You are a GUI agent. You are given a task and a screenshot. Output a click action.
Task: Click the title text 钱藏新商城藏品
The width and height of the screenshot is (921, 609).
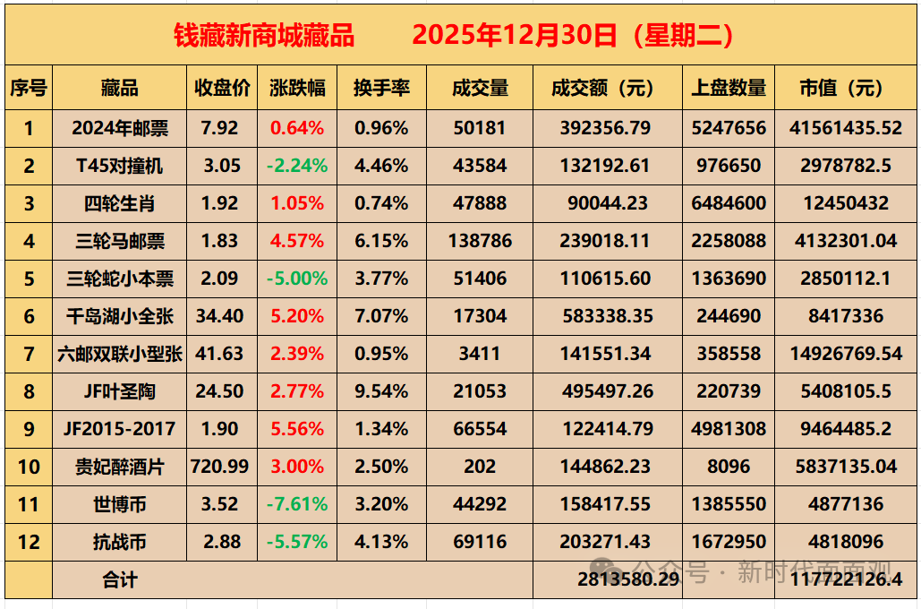(x=264, y=35)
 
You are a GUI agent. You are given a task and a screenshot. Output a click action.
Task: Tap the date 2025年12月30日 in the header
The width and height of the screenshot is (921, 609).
(x=516, y=35)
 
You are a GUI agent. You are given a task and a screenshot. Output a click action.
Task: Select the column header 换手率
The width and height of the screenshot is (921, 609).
(x=381, y=88)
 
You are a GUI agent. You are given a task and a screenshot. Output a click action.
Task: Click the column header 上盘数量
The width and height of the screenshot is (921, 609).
(x=729, y=88)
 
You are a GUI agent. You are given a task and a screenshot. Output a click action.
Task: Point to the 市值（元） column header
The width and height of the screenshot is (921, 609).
(x=846, y=88)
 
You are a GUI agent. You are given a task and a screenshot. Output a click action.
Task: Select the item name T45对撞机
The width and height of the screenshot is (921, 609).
(x=119, y=166)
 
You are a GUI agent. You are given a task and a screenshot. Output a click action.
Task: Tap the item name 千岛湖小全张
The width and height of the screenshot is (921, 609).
(x=119, y=316)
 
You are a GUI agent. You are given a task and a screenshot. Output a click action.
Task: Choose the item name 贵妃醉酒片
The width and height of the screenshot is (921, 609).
(x=119, y=467)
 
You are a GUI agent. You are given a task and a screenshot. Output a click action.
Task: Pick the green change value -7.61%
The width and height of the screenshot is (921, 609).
(x=296, y=504)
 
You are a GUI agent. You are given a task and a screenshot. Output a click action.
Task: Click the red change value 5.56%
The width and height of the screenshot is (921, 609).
(x=296, y=429)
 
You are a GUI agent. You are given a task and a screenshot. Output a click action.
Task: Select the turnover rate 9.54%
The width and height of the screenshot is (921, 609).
(x=381, y=391)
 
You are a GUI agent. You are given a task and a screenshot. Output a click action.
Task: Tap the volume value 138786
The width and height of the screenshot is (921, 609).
(x=480, y=241)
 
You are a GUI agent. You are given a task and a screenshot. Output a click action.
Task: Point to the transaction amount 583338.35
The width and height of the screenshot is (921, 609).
(x=607, y=316)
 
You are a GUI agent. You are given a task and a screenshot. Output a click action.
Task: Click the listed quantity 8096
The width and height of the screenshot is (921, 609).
(x=729, y=467)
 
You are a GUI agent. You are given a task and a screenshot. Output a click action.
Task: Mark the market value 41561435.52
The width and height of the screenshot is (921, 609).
(x=846, y=128)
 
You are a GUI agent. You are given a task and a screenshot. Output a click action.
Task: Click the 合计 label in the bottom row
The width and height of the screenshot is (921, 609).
(x=119, y=579)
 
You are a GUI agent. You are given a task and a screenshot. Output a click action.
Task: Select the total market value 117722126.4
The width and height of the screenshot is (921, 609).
(x=846, y=579)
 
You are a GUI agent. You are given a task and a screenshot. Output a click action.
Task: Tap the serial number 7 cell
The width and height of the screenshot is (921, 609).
(x=29, y=354)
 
